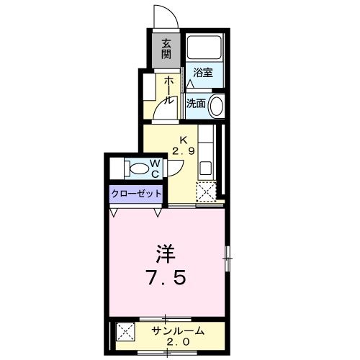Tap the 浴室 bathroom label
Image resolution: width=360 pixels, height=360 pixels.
click(x=203, y=72)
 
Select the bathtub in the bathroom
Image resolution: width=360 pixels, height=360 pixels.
click(x=204, y=48)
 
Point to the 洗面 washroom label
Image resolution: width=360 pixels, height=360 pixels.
click(x=196, y=103)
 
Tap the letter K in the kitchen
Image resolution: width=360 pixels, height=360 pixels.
click(x=183, y=139)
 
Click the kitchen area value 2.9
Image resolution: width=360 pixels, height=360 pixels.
click(x=183, y=151)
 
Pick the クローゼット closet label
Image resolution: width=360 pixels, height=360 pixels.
click(x=136, y=194)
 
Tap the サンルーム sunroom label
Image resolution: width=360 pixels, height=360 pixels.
click(x=177, y=330)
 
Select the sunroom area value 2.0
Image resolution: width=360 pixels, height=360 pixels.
click(x=177, y=342)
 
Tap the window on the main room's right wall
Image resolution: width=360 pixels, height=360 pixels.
click(x=228, y=257)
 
